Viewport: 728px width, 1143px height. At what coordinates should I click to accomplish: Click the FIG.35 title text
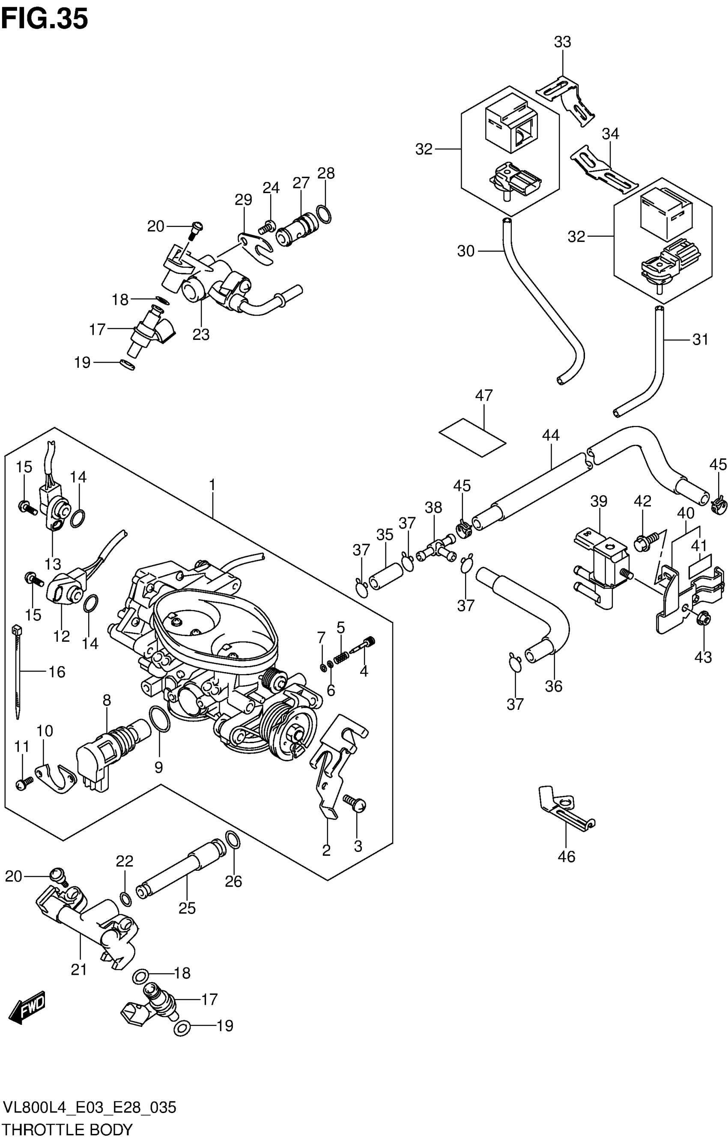(45, 20)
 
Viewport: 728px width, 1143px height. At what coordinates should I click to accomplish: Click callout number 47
(484, 396)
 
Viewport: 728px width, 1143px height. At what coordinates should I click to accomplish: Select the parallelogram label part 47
(472, 437)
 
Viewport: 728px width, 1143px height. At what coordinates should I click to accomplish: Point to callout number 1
(212, 485)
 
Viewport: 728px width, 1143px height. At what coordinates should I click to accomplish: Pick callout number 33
(562, 42)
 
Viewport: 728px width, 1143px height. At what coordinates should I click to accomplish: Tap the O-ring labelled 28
(323, 214)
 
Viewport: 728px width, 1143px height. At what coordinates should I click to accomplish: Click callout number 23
(201, 335)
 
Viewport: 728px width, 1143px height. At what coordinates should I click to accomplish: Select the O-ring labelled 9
(160, 720)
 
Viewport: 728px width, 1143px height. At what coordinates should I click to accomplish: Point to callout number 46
(566, 856)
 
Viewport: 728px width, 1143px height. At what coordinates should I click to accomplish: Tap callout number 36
(553, 686)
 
